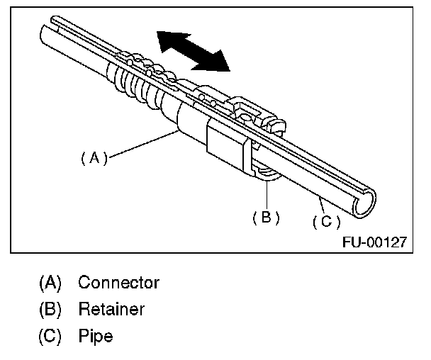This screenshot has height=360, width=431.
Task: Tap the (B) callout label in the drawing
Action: (x=266, y=218)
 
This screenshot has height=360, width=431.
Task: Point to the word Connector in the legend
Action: (x=118, y=283)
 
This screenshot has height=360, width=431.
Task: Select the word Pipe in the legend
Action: (x=96, y=335)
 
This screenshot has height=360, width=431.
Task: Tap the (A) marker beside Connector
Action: (x=50, y=283)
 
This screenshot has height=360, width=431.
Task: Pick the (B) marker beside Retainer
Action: (x=50, y=309)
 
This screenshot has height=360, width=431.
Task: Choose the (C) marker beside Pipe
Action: (x=50, y=335)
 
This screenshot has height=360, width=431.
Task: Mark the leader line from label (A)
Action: (x=142, y=145)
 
